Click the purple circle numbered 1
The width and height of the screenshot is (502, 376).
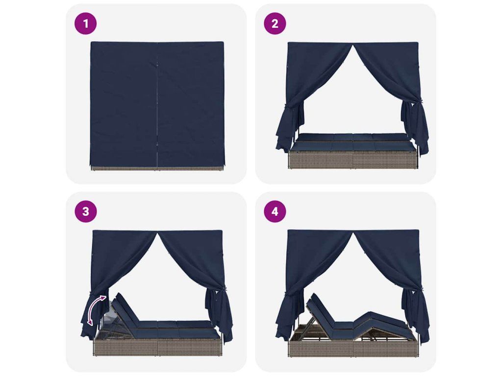(x=85, y=23)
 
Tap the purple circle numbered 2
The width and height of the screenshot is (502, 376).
(x=275, y=23)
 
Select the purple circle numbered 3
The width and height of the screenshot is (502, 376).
(x=85, y=211)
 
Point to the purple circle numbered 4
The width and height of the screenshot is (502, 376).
(x=275, y=211)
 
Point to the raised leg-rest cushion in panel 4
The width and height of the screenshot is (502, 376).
(x=379, y=321)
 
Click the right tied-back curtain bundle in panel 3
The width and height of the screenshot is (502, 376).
(x=219, y=317)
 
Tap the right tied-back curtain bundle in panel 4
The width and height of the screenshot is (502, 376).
(x=415, y=317)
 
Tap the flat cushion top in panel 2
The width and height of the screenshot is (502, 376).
(x=352, y=142)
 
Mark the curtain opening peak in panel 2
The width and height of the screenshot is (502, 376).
(x=353, y=46)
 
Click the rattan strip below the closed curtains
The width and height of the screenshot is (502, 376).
(x=157, y=168)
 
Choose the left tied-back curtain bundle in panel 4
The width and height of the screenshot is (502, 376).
(x=290, y=317)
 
